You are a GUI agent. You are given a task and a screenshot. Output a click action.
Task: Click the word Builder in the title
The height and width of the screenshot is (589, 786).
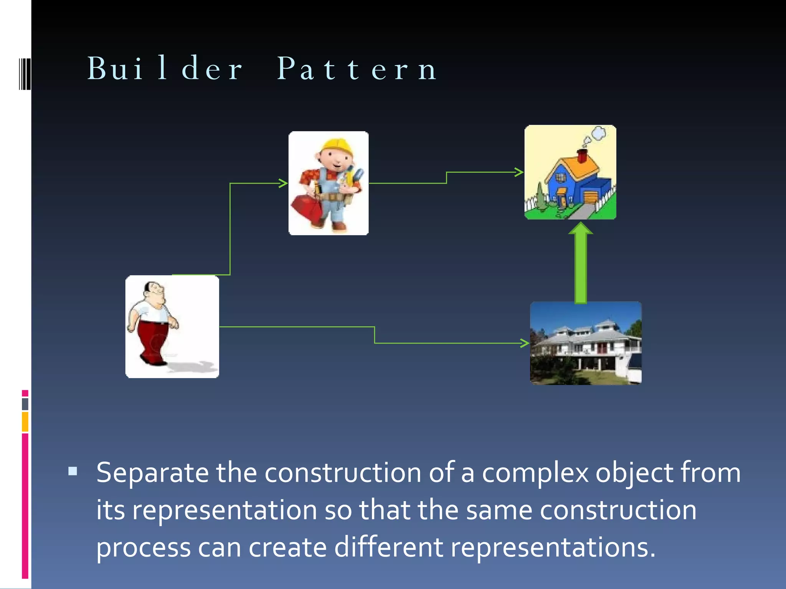pyautogui.click(x=165, y=69)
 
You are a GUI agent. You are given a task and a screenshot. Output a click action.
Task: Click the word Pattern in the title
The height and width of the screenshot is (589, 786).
pyautogui.click(x=357, y=69)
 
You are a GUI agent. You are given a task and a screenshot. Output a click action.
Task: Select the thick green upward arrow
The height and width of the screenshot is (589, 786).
pyautogui.click(x=581, y=265)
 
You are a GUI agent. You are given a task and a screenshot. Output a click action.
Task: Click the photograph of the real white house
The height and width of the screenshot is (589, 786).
pyautogui.click(x=585, y=343)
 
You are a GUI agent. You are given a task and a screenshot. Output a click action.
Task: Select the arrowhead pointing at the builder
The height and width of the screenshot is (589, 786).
pyautogui.click(x=284, y=183)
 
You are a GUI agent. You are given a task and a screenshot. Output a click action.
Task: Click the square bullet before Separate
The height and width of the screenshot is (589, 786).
pyautogui.click(x=73, y=471)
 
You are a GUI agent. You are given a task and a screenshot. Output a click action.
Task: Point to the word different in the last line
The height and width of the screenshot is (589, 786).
pyautogui.click(x=388, y=547)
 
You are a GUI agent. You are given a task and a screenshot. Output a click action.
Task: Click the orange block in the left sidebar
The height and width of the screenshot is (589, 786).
pyautogui.click(x=25, y=421)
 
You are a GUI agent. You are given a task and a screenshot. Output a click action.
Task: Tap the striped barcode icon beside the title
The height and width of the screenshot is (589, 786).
pyautogui.click(x=25, y=74)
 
